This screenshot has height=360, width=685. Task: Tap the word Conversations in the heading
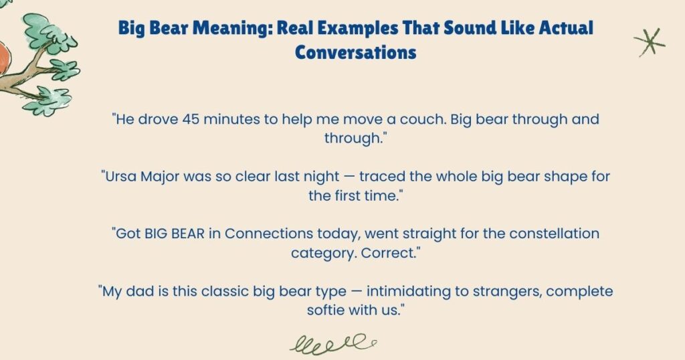pyautogui.click(x=356, y=52)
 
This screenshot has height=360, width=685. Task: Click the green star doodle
pyautogui.click(x=649, y=42)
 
